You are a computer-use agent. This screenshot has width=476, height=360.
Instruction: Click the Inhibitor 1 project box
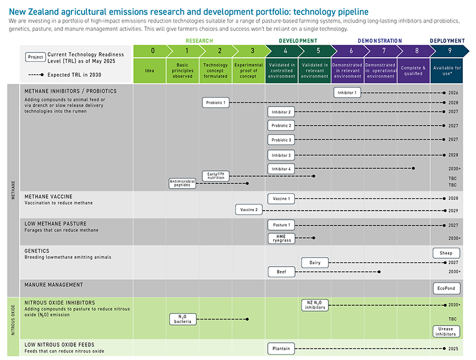(x=347, y=93)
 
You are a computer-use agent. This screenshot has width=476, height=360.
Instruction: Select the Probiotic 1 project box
(x=215, y=102)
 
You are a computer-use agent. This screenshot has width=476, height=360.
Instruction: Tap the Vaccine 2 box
(x=248, y=210)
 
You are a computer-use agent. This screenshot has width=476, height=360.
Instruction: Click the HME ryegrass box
(x=281, y=238)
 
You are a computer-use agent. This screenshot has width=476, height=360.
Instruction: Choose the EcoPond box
(x=446, y=288)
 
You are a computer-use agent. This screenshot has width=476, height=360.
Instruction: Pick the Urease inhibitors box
(x=446, y=331)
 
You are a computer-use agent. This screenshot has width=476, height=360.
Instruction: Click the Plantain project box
(x=281, y=349)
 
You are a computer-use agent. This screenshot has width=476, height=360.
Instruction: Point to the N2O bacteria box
(x=183, y=319)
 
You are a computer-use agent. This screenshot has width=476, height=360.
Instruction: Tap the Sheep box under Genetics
(x=446, y=253)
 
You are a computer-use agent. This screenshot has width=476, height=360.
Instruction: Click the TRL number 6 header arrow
(x=351, y=51)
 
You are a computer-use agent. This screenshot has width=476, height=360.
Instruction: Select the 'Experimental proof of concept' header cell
(x=248, y=70)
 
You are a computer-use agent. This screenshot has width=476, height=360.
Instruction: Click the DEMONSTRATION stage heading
(x=380, y=41)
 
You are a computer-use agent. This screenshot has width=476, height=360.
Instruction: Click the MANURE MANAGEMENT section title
(x=54, y=285)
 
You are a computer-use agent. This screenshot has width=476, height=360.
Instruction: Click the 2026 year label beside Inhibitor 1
(x=454, y=93)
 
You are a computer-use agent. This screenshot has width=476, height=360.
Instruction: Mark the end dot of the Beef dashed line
(x=380, y=272)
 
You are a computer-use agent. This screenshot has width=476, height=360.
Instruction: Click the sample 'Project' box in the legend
(x=35, y=57)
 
